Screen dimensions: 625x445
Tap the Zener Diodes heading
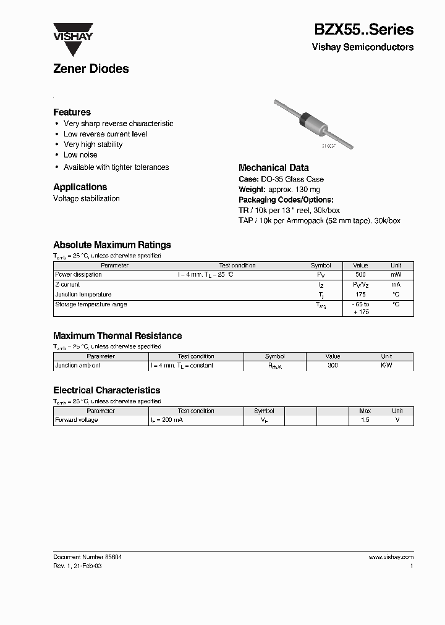pyautogui.click(x=91, y=69)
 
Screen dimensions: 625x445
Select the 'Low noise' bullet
pyautogui.click(x=80, y=155)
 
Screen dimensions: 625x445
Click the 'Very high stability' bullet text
pyautogui.click(x=93, y=145)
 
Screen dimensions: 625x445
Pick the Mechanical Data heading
pyautogui.click(x=273, y=168)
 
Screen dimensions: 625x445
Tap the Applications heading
pyautogui.click(x=80, y=187)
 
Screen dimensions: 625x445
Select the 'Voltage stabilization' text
pyautogui.click(x=86, y=198)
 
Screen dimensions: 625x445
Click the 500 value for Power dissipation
pyautogui.click(x=360, y=274)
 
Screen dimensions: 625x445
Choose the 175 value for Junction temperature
pyautogui.click(x=360, y=295)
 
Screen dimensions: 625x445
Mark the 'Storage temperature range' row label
pyautogui.click(x=91, y=304)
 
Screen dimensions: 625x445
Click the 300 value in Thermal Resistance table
pyautogui.click(x=333, y=366)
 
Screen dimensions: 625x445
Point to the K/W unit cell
pyautogui.click(x=386, y=366)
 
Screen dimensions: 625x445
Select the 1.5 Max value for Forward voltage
pyautogui.click(x=365, y=420)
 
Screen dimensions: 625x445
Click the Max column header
pyautogui.click(x=365, y=411)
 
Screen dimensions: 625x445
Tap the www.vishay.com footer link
pyautogui.click(x=391, y=557)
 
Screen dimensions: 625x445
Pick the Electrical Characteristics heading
pyautogui.click(x=106, y=390)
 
